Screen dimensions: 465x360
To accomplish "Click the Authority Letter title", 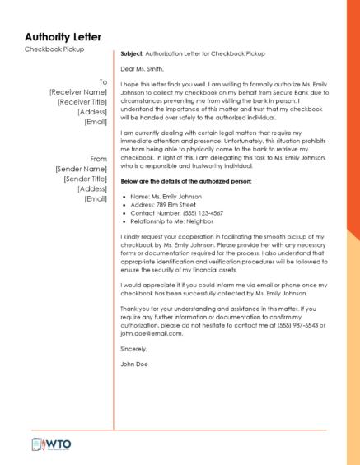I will (x=63, y=37).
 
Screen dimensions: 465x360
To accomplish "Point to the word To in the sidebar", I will (x=103, y=82).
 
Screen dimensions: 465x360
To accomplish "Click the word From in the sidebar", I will (x=99, y=159).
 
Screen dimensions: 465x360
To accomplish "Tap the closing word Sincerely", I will (x=135, y=349).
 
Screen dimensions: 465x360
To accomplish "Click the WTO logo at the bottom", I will (x=51, y=444).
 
